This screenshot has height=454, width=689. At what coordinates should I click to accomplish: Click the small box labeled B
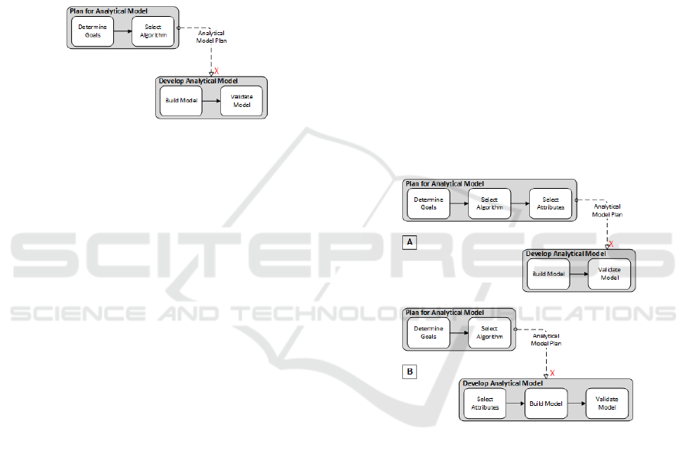(410, 372)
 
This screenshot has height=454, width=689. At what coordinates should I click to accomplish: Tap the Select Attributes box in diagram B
(485, 403)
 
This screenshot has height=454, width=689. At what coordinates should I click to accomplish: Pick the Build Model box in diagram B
(546, 403)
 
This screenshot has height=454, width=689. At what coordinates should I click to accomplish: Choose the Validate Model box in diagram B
(607, 403)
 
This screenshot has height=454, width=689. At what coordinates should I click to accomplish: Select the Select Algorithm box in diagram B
(489, 333)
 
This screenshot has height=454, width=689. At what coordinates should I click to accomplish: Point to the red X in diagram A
(611, 245)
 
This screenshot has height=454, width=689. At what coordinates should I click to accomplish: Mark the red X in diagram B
(552, 373)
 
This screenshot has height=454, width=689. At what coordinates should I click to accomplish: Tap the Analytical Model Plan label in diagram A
(607, 210)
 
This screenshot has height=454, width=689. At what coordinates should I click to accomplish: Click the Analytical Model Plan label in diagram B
(547, 339)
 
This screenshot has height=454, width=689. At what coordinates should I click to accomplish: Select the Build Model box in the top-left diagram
(180, 101)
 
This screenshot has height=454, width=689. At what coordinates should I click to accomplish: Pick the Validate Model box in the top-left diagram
(242, 101)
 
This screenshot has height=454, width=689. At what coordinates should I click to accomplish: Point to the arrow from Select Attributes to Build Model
(515, 403)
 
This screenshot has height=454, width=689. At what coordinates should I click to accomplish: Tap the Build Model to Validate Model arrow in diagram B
(577, 403)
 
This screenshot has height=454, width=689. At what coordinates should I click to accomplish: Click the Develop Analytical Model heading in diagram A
(565, 254)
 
